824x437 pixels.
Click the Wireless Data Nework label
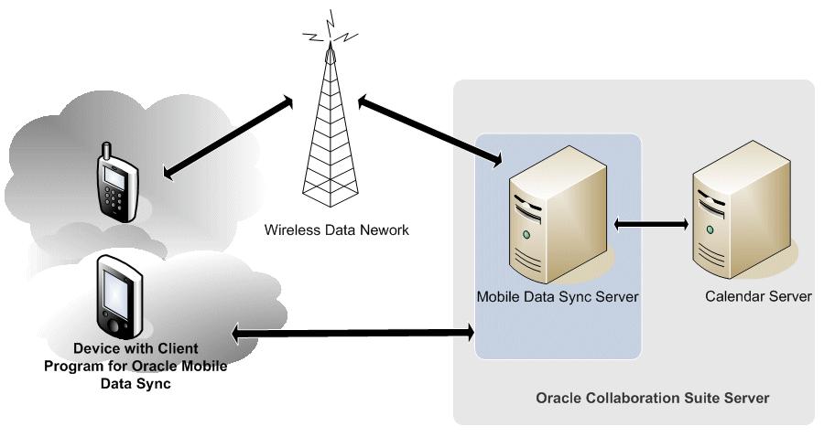337,230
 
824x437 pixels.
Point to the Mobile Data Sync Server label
557,297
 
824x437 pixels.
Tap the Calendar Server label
758,297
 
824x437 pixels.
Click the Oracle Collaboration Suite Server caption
652,399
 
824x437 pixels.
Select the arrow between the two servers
651,223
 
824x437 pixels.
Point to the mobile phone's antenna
105,149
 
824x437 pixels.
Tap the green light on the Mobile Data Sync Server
527,235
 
